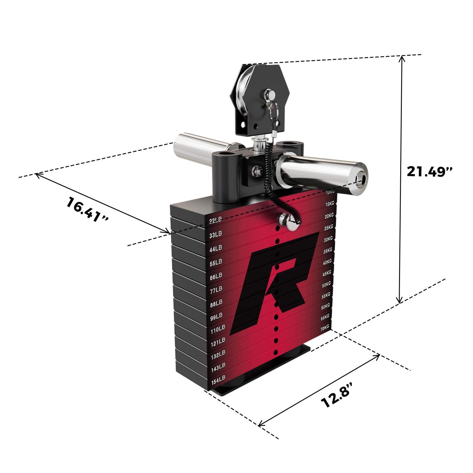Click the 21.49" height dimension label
430,171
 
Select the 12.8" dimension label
337,395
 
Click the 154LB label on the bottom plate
218,380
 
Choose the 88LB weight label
216,303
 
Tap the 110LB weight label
218,329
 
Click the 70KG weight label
325,328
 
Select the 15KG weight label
330,204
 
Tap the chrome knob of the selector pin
284,219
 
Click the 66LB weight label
216,276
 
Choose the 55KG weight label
325,295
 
